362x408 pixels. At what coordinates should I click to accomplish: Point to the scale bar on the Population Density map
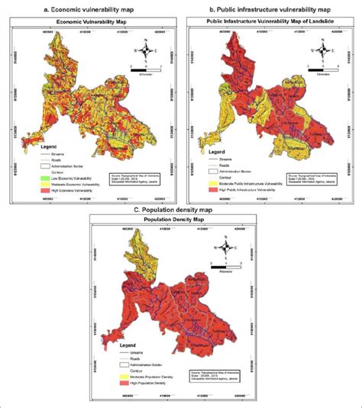(226, 265)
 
